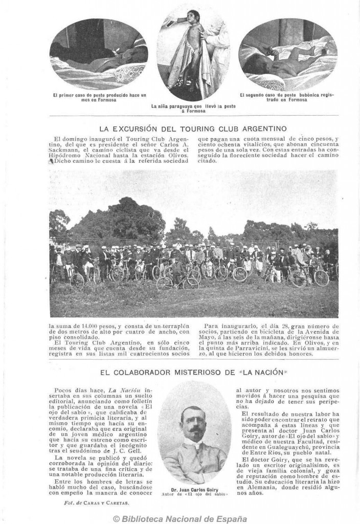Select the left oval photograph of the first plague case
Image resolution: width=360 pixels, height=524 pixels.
[x=99, y=54]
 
